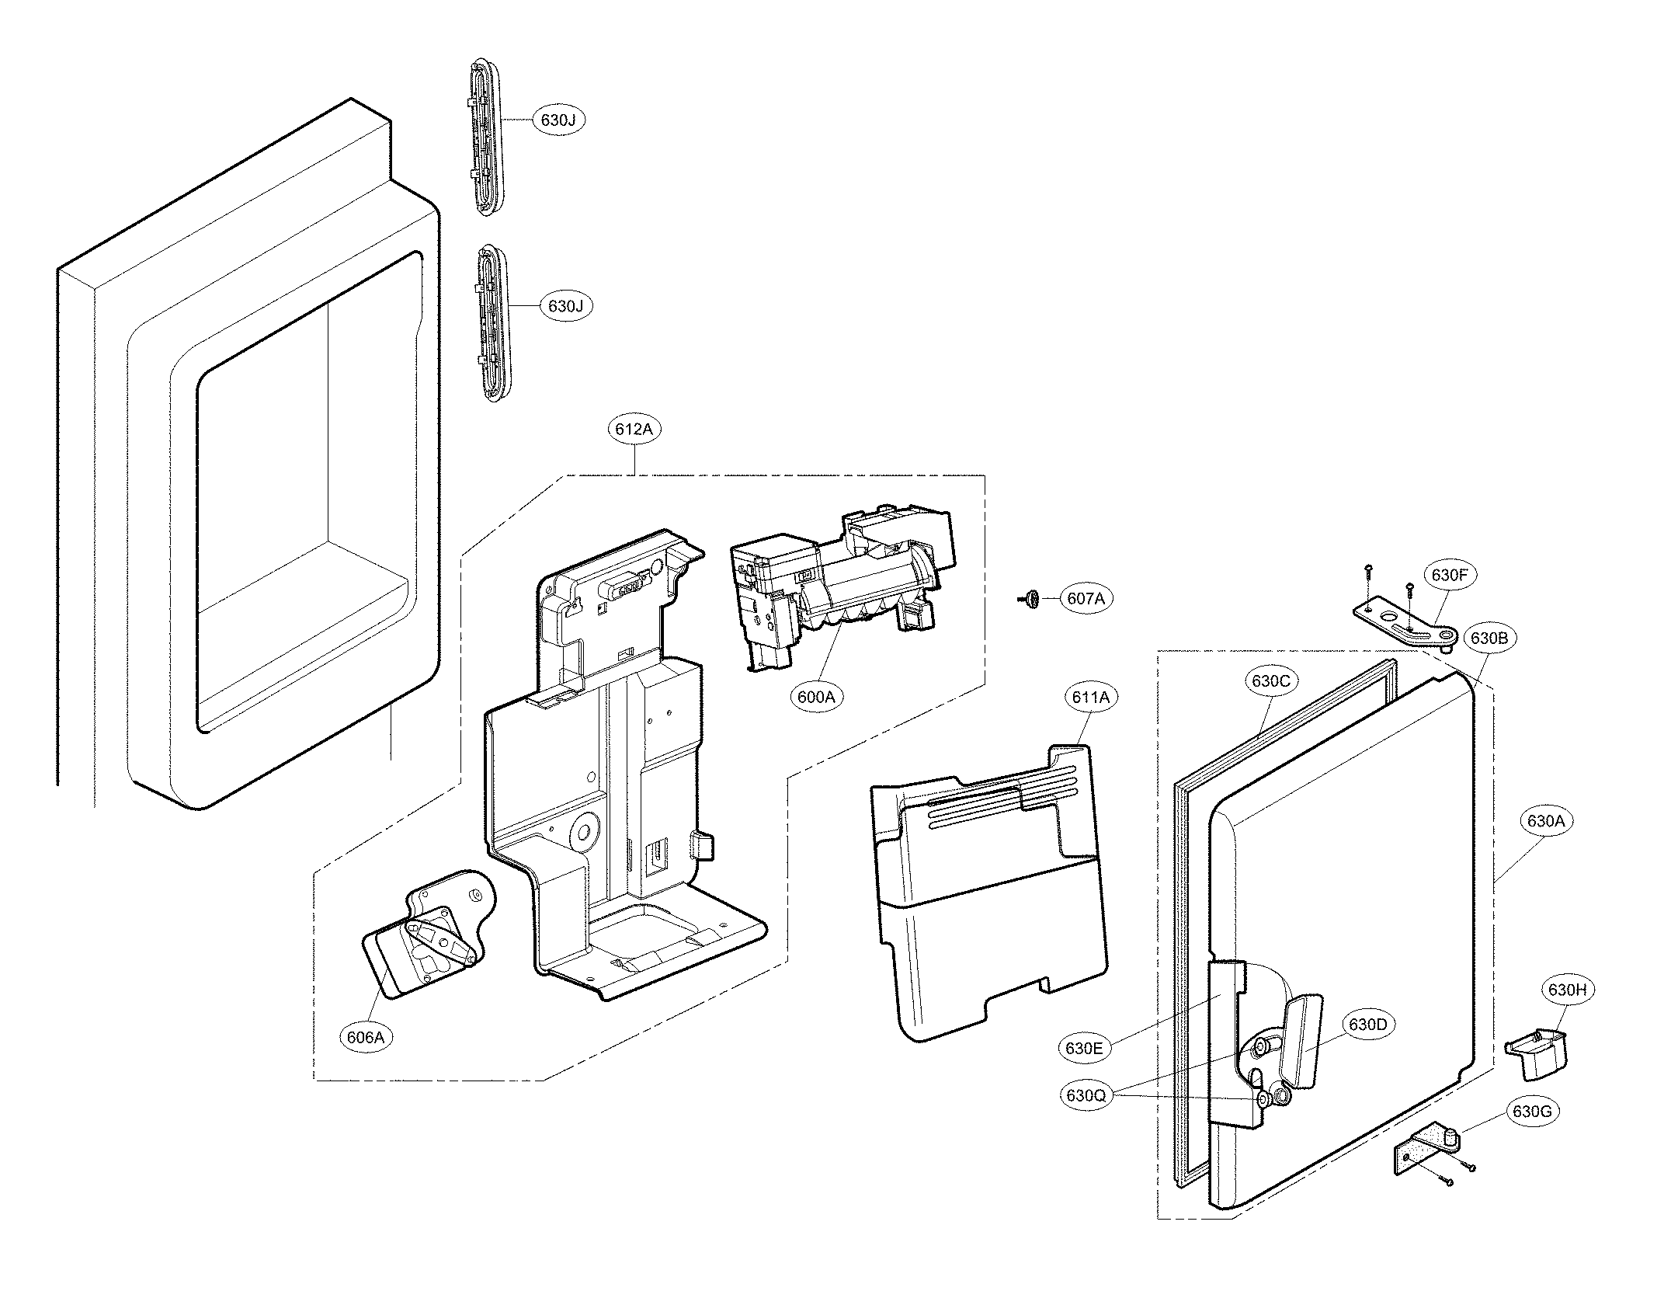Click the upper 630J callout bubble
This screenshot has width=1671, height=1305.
(558, 120)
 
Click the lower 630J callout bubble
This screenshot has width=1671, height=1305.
(565, 306)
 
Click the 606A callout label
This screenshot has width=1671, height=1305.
(367, 1036)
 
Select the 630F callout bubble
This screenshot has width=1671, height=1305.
(1450, 576)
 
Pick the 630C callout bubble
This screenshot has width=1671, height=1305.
(1271, 681)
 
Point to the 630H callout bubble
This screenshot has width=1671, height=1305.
(1567, 990)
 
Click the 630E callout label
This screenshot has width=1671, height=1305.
(1084, 1048)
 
